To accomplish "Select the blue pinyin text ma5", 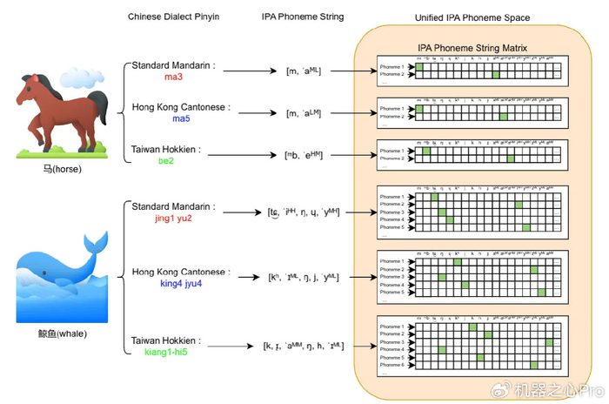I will click(180, 118).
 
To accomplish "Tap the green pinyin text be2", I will click(166, 161).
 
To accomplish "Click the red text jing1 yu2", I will click(181, 219).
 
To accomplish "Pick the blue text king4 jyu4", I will click(180, 285).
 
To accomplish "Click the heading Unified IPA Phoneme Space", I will click(472, 17).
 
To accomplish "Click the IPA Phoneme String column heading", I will click(303, 17).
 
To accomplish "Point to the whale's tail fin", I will click(95, 246).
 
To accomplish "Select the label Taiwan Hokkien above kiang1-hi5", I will click(165, 340).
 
